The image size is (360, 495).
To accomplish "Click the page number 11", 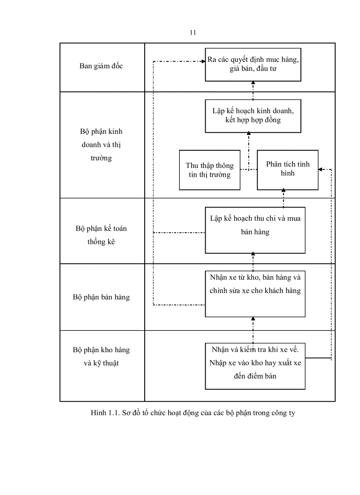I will pos(193,33).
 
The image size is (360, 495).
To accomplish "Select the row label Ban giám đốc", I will pos(101,66).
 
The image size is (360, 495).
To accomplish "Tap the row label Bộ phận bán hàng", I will pos(101,297).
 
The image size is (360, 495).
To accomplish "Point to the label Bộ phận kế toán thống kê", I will pos(101,235).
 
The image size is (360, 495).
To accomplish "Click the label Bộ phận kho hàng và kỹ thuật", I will pos(101,357).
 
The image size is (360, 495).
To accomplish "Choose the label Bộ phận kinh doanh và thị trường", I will pos(101,145).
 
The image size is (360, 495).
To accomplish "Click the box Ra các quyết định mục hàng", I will pos(253,64).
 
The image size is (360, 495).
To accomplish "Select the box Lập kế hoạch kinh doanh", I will pos(253,115).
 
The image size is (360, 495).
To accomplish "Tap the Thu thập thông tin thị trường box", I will pos(210,170).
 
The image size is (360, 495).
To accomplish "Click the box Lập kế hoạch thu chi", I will pos(255,230).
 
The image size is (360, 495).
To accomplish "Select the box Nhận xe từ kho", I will pos(255,294).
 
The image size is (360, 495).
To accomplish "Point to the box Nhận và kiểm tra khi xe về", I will pos(255,365).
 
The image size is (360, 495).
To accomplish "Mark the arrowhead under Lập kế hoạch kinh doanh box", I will pos(248,135).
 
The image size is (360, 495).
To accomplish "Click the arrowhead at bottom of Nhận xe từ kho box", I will pos(253,319).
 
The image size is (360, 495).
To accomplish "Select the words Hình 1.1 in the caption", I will pos(102,413).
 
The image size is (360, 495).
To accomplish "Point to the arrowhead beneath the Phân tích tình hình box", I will pos(283,192).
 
